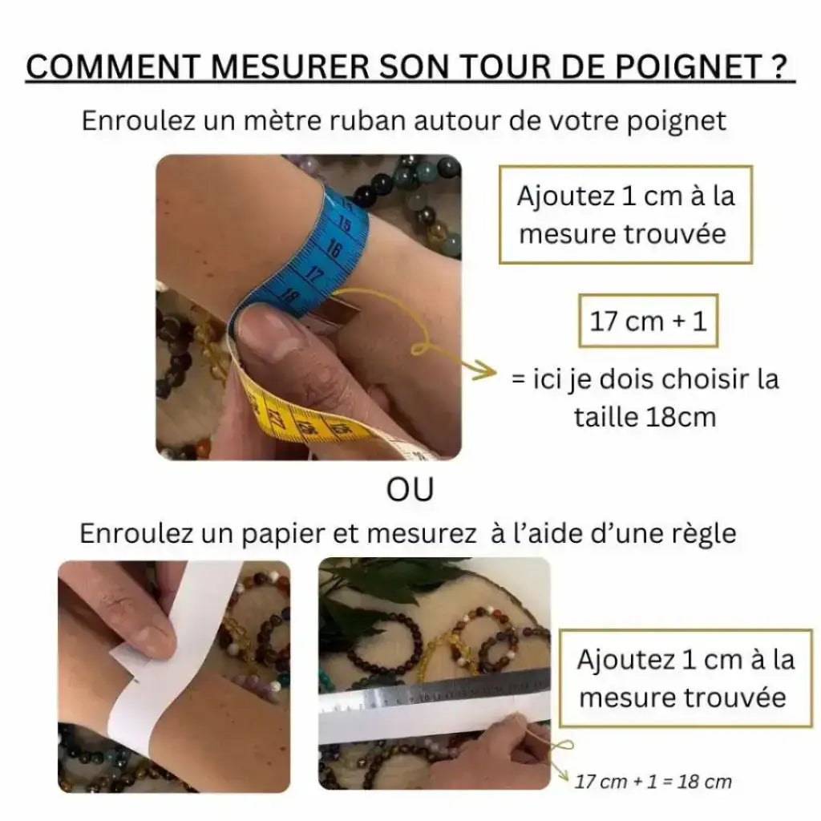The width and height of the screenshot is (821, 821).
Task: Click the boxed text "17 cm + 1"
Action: coord(648,322)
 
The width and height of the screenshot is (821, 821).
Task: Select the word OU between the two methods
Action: coord(410,489)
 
